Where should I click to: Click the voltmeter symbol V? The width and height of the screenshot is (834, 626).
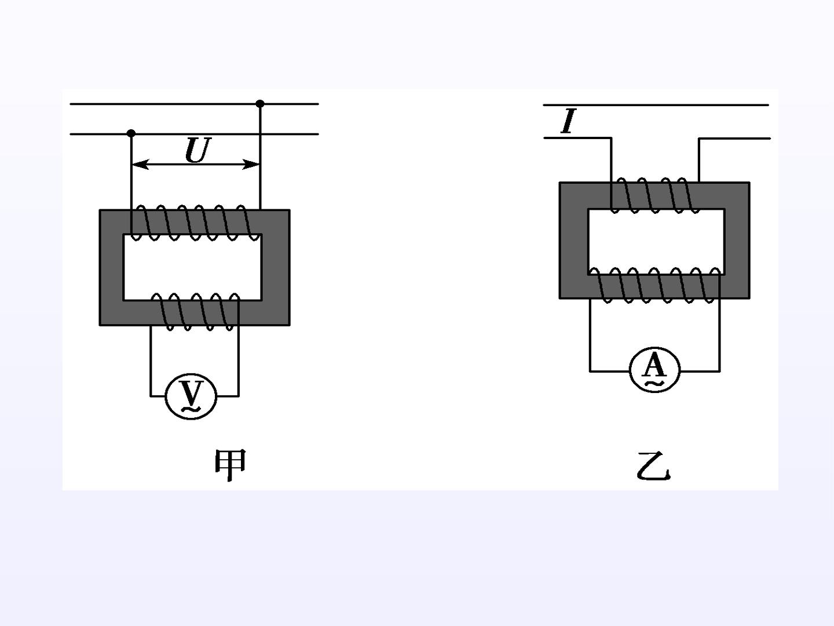191,397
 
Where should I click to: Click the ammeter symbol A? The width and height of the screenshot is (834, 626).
654,370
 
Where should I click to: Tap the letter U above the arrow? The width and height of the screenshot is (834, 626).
197,150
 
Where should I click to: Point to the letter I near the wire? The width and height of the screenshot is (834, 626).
568,121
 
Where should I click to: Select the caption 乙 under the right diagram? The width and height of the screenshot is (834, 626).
653,466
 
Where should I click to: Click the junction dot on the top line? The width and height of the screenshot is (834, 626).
260,104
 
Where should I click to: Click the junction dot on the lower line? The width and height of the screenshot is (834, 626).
131,133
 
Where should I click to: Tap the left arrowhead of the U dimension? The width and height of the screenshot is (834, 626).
140,165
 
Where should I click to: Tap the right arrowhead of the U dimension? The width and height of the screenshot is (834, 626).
251,165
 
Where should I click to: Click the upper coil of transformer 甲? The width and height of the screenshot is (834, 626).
196,223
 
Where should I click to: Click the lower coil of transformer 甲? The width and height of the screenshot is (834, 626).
195,312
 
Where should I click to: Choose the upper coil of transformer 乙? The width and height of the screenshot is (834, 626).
655,195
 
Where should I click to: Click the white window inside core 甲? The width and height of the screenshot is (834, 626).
193,267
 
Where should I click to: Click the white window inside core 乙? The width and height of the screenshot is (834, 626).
656,242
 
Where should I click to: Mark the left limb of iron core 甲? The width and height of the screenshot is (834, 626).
111,268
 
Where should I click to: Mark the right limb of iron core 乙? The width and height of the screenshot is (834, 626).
737,241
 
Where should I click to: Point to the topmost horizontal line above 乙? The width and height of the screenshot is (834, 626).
656,105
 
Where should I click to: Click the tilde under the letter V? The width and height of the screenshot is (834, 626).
191,409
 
